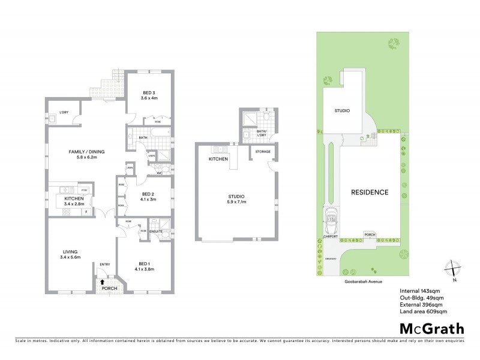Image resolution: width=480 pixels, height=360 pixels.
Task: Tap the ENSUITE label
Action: tap(155, 231)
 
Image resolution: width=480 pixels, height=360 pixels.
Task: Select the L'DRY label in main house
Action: tap(63, 112)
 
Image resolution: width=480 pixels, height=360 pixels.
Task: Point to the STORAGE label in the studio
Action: tap(263, 152)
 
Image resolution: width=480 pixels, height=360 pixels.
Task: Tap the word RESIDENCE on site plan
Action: tap(370, 193)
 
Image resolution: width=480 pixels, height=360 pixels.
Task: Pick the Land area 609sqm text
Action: tap(422, 311)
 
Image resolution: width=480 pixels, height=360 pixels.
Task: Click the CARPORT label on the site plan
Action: tap(330, 236)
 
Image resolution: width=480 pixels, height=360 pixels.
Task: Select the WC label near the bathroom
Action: tap(160, 173)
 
